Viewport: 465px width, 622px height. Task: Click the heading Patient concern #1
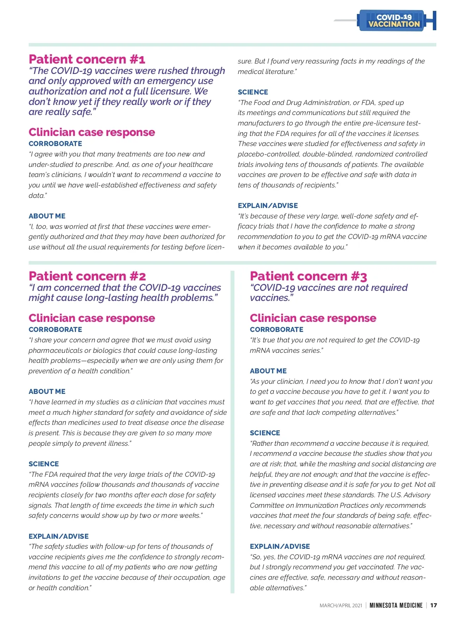tap(87, 59)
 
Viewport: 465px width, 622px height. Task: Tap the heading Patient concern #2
tap(87, 276)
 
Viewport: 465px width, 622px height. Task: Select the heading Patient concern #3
tap(308, 276)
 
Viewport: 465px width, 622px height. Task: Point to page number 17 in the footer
tap(434, 605)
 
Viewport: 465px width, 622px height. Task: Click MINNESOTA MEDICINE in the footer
tap(396, 605)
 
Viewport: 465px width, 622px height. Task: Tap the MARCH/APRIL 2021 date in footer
tap(341, 605)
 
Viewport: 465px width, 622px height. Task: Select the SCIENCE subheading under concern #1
tap(253, 92)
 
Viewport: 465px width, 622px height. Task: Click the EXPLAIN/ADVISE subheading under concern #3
tap(280, 546)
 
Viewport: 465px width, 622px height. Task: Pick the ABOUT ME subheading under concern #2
tap(47, 392)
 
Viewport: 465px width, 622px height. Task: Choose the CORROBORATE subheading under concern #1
tap(55, 144)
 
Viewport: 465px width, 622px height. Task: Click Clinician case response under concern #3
tap(313, 318)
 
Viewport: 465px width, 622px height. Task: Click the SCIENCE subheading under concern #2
tap(44, 464)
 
